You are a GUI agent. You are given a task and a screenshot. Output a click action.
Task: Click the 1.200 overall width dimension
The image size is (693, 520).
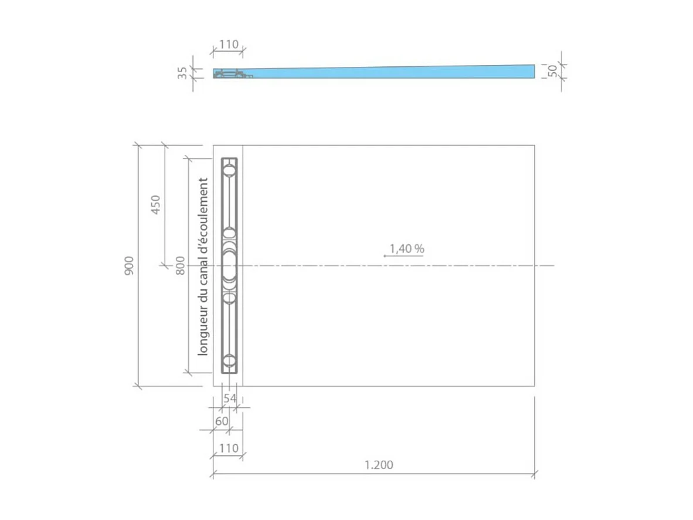click(379, 465)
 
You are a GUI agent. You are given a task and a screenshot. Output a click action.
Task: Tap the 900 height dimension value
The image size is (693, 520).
click(129, 265)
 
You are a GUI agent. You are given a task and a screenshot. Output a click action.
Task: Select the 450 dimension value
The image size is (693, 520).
click(155, 205)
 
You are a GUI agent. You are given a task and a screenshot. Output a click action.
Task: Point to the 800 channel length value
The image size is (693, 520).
click(181, 265)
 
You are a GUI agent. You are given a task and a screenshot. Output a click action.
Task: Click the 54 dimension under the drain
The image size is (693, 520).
click(230, 399)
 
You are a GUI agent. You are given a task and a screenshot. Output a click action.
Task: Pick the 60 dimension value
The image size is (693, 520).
click(222, 421)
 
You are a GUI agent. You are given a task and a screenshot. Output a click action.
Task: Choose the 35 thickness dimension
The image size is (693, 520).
click(183, 73)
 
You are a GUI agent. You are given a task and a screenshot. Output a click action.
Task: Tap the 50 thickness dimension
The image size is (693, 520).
click(552, 71)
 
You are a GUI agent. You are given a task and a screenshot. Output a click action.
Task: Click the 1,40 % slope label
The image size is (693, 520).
click(406, 249)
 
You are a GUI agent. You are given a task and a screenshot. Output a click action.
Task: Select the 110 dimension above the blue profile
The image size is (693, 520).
click(229, 45)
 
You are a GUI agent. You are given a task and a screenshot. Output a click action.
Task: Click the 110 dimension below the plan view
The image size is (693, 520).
click(229, 448)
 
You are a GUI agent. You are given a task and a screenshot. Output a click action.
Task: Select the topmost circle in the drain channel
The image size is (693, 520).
click(229, 170)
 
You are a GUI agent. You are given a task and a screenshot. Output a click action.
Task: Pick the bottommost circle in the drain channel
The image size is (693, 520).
click(229, 361)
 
